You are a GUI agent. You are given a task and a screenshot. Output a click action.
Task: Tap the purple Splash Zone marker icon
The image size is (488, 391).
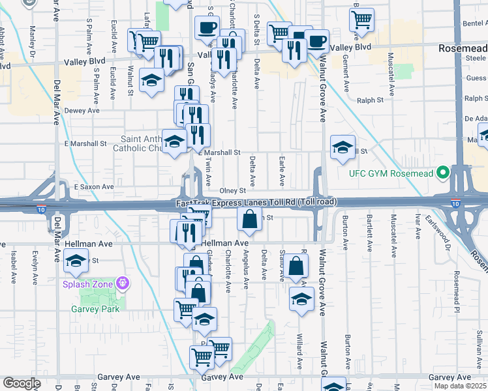(122, 283)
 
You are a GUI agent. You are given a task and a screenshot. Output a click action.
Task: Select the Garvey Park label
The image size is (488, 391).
(91, 310)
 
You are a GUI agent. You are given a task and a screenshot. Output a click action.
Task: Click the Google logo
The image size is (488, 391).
(22, 383)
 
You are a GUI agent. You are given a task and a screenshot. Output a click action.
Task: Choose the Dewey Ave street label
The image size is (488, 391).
(82, 111)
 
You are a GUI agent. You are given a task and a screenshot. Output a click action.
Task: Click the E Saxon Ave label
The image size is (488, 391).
(94, 186)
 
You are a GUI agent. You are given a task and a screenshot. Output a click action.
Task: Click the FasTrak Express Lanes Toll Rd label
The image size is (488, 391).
(256, 203)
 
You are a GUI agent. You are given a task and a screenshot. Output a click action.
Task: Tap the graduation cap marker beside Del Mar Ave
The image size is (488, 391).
(76, 261)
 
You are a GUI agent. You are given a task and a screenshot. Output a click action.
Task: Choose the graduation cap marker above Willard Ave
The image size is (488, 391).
(301, 299)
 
